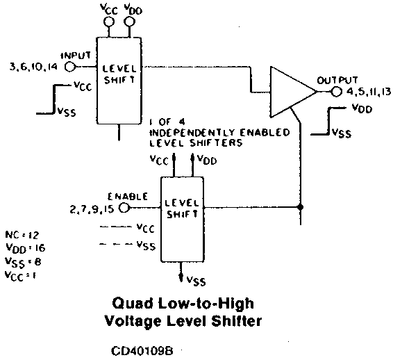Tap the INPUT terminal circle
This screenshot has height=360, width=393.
tap(70, 67)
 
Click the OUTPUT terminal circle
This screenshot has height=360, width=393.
tap(337, 92)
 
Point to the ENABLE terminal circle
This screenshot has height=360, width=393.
tap(124, 208)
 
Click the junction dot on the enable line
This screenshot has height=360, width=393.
tap(300, 207)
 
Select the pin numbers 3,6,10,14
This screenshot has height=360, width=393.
tap(33, 67)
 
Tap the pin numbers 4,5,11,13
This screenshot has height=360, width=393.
tap(369, 92)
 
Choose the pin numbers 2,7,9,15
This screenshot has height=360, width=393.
tap(92, 209)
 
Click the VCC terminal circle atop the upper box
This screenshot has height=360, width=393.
tap(109, 22)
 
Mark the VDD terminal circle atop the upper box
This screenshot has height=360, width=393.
tap(130, 22)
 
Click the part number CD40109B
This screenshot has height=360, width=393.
tap(142, 351)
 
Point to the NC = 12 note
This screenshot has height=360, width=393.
tap(22, 235)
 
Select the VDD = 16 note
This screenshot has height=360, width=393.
tap(25, 248)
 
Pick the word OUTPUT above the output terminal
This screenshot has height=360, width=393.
tap(337, 81)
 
